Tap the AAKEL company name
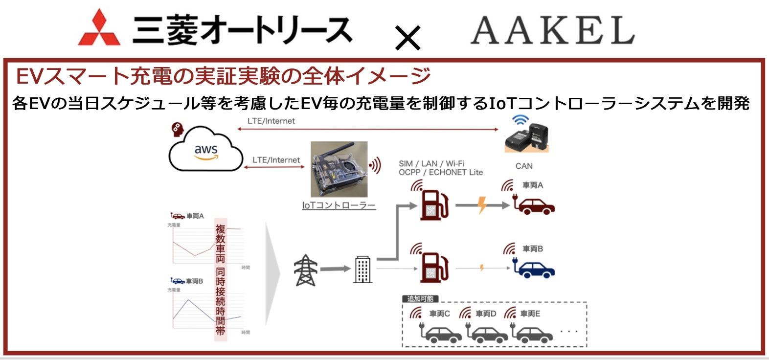[x=552, y=30]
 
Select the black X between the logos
[x=407, y=38]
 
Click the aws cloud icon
[x=205, y=150]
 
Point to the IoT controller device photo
[x=339, y=169]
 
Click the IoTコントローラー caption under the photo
[x=339, y=205]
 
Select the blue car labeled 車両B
[x=535, y=270]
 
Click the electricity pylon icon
[x=305, y=270]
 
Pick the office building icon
[x=362, y=269]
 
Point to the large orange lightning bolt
[x=482, y=204]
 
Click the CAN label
[x=524, y=166]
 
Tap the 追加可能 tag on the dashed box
[x=420, y=299]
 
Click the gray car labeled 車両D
[x=488, y=334]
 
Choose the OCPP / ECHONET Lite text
[x=440, y=173]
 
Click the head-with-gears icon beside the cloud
[x=177, y=130]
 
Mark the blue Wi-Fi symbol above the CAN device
[x=520, y=119]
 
